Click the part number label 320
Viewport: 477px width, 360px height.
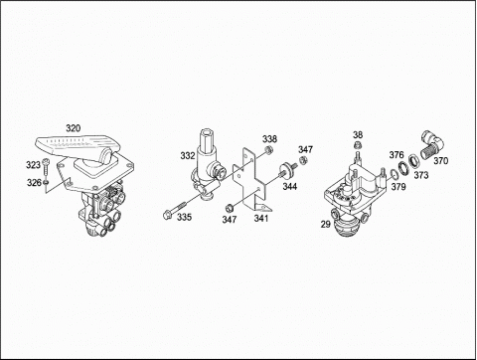(x=73, y=128)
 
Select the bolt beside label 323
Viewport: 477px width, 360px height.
(x=46, y=168)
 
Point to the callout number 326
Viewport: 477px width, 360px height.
(x=34, y=183)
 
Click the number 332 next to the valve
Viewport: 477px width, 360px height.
(x=188, y=156)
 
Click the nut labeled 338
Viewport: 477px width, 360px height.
(x=269, y=150)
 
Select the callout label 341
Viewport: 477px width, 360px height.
(x=261, y=218)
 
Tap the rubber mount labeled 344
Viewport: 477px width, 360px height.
(x=288, y=168)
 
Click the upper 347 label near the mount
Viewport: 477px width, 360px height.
(x=305, y=149)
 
